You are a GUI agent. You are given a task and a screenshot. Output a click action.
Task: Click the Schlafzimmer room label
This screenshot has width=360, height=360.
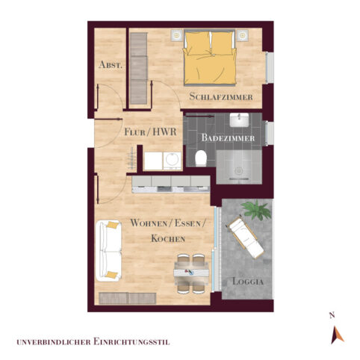click(x=221, y=97)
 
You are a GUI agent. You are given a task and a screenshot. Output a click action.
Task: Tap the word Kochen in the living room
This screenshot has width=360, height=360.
click(x=167, y=238)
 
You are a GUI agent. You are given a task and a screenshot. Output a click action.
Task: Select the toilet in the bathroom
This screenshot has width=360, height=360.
click(x=200, y=158)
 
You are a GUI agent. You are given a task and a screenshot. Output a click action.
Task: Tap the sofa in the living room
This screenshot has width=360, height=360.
click(x=110, y=249)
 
